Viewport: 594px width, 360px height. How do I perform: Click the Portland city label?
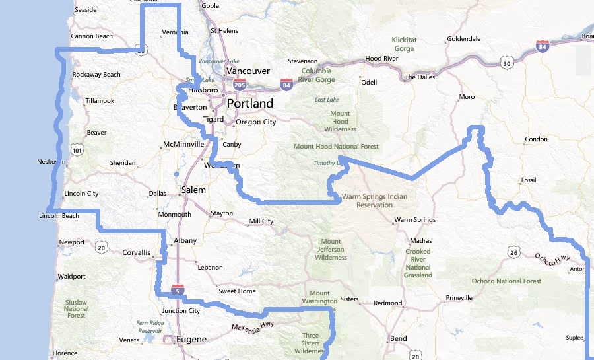tap(249, 104)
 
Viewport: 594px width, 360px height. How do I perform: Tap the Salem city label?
tap(193, 190)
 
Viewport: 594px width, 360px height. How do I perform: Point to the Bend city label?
tap(399, 338)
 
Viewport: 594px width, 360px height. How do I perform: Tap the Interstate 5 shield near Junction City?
tap(176, 290)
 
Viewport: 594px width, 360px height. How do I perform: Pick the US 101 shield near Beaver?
tap(78, 151)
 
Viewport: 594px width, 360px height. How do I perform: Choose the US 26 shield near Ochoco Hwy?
tap(513, 252)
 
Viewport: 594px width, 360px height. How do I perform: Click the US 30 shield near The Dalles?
tap(506, 63)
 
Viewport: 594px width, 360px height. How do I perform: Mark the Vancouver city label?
tap(247, 71)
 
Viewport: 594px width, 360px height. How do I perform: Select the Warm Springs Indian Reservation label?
tap(374, 200)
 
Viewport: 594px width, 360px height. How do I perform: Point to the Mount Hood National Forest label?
tap(336, 147)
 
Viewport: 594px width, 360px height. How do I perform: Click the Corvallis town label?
tap(137, 252)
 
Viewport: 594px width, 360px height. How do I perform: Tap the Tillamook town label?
tap(100, 101)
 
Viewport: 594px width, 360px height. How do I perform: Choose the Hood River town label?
tap(381, 59)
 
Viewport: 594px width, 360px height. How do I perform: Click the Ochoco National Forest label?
tap(506, 281)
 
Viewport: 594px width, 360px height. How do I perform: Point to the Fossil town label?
tap(529, 180)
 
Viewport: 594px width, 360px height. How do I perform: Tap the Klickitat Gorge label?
tap(404, 44)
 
